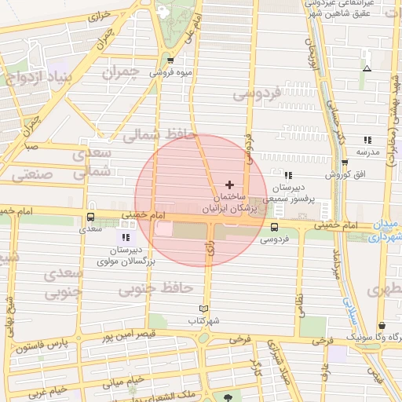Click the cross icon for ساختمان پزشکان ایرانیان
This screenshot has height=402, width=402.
(229, 185)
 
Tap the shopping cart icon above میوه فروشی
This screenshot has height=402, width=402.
(170, 60)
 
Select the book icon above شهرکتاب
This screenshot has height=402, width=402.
(204, 309)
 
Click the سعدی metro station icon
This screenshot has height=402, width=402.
(90, 217)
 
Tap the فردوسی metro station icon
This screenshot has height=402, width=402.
(273, 227)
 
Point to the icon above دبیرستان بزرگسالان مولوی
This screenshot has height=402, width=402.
(126, 237)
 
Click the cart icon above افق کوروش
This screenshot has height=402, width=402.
(344, 163)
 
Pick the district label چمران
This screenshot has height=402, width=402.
(120, 73)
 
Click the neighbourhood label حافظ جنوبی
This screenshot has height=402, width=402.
(155, 290)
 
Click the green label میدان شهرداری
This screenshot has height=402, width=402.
(389, 228)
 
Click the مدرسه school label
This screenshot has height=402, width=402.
(367, 151)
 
